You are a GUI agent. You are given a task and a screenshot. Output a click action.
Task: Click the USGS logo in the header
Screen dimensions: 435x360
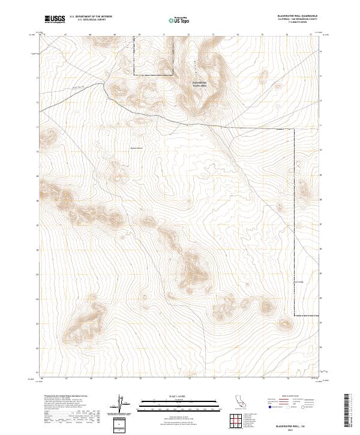click(x=55, y=19)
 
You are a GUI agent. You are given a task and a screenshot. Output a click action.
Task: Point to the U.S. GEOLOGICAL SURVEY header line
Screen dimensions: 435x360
click(x=91, y=20)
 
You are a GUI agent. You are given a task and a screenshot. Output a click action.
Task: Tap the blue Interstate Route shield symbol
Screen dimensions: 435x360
click(x=271, y=407)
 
